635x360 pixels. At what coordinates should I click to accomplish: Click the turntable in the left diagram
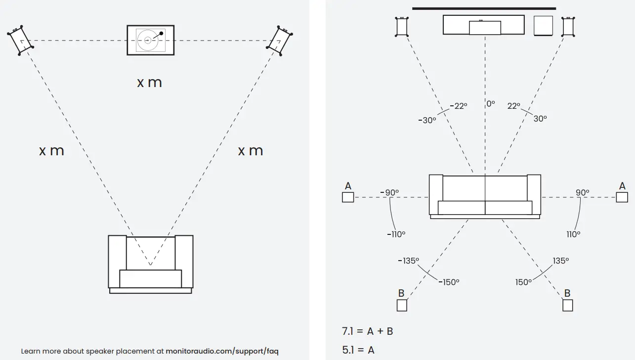click(150, 40)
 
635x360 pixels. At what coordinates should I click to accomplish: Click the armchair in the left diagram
click(150, 264)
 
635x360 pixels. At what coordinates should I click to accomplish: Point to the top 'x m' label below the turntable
click(149, 82)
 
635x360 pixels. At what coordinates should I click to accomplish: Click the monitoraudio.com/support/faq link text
click(222, 351)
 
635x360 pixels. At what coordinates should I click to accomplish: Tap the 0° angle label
click(490, 104)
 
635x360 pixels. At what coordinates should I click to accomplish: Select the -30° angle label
click(427, 120)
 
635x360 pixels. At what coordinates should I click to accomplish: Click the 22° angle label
click(514, 106)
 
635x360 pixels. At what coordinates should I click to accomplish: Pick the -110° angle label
click(396, 234)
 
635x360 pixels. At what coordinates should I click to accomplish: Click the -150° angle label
click(449, 281)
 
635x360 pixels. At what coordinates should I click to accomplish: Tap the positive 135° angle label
click(560, 261)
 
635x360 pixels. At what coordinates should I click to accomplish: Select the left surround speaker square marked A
click(348, 197)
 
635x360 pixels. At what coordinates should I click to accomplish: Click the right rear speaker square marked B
click(567, 305)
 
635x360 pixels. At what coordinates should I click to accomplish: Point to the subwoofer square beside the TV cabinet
click(544, 26)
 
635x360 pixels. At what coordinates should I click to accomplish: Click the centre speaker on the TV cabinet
click(484, 28)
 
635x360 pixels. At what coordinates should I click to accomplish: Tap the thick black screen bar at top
click(484, 8)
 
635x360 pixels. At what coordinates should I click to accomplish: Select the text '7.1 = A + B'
click(367, 331)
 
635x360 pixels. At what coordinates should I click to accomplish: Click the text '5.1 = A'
click(358, 350)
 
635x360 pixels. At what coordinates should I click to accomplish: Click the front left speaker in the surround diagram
click(402, 27)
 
